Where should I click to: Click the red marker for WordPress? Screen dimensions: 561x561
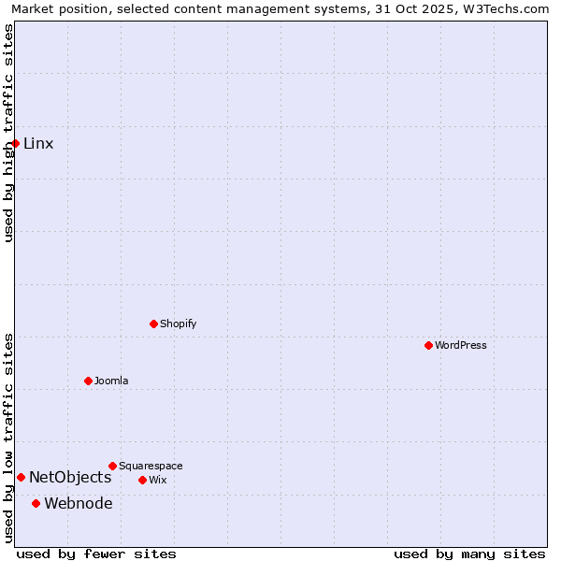point(428,345)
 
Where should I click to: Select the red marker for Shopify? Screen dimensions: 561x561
point(153,324)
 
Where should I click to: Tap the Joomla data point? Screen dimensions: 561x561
point(88,381)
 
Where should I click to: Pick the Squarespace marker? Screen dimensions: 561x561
point(112,466)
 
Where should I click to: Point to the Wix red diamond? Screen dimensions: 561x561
point(142,480)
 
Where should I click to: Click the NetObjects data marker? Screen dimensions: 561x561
point(21,477)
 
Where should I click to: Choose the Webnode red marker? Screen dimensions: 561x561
point(36,503)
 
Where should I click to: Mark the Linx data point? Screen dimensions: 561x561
point(15,143)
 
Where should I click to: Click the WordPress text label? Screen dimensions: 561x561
point(461,345)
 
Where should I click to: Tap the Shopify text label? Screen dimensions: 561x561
point(178,324)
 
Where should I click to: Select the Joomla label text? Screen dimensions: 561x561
point(111,381)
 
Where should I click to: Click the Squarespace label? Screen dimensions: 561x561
point(151,466)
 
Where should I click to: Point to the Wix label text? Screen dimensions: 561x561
point(157,480)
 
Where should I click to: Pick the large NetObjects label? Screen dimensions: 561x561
point(70,477)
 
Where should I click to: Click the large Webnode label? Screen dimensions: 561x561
point(79,503)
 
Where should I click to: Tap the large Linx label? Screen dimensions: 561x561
point(38,143)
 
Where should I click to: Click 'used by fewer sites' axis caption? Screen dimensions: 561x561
point(96,554)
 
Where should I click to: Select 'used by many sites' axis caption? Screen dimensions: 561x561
point(469,554)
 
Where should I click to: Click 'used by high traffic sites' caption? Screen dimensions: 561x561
point(8,133)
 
